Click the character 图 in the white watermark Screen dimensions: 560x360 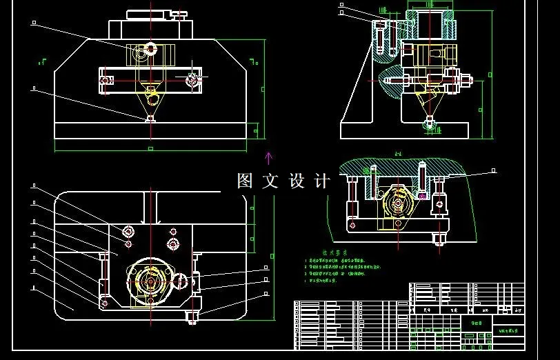pos(246,181)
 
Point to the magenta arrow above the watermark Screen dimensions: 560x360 pos(268,158)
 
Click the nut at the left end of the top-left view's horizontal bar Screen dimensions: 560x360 pos(105,81)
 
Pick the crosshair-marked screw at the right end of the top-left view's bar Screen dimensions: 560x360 pos(193,80)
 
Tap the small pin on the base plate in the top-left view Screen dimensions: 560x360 pos(150,119)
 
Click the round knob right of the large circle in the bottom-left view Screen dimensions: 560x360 pos(180,281)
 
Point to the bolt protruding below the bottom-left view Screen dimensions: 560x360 pos(192,318)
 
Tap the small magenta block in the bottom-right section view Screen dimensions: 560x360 pos(422,196)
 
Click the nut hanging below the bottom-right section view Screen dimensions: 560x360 pos(438,240)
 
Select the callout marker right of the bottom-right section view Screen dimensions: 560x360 pos(494,170)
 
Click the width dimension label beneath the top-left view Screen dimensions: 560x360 pos(150,148)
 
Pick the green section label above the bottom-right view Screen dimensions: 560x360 pos(398,154)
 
